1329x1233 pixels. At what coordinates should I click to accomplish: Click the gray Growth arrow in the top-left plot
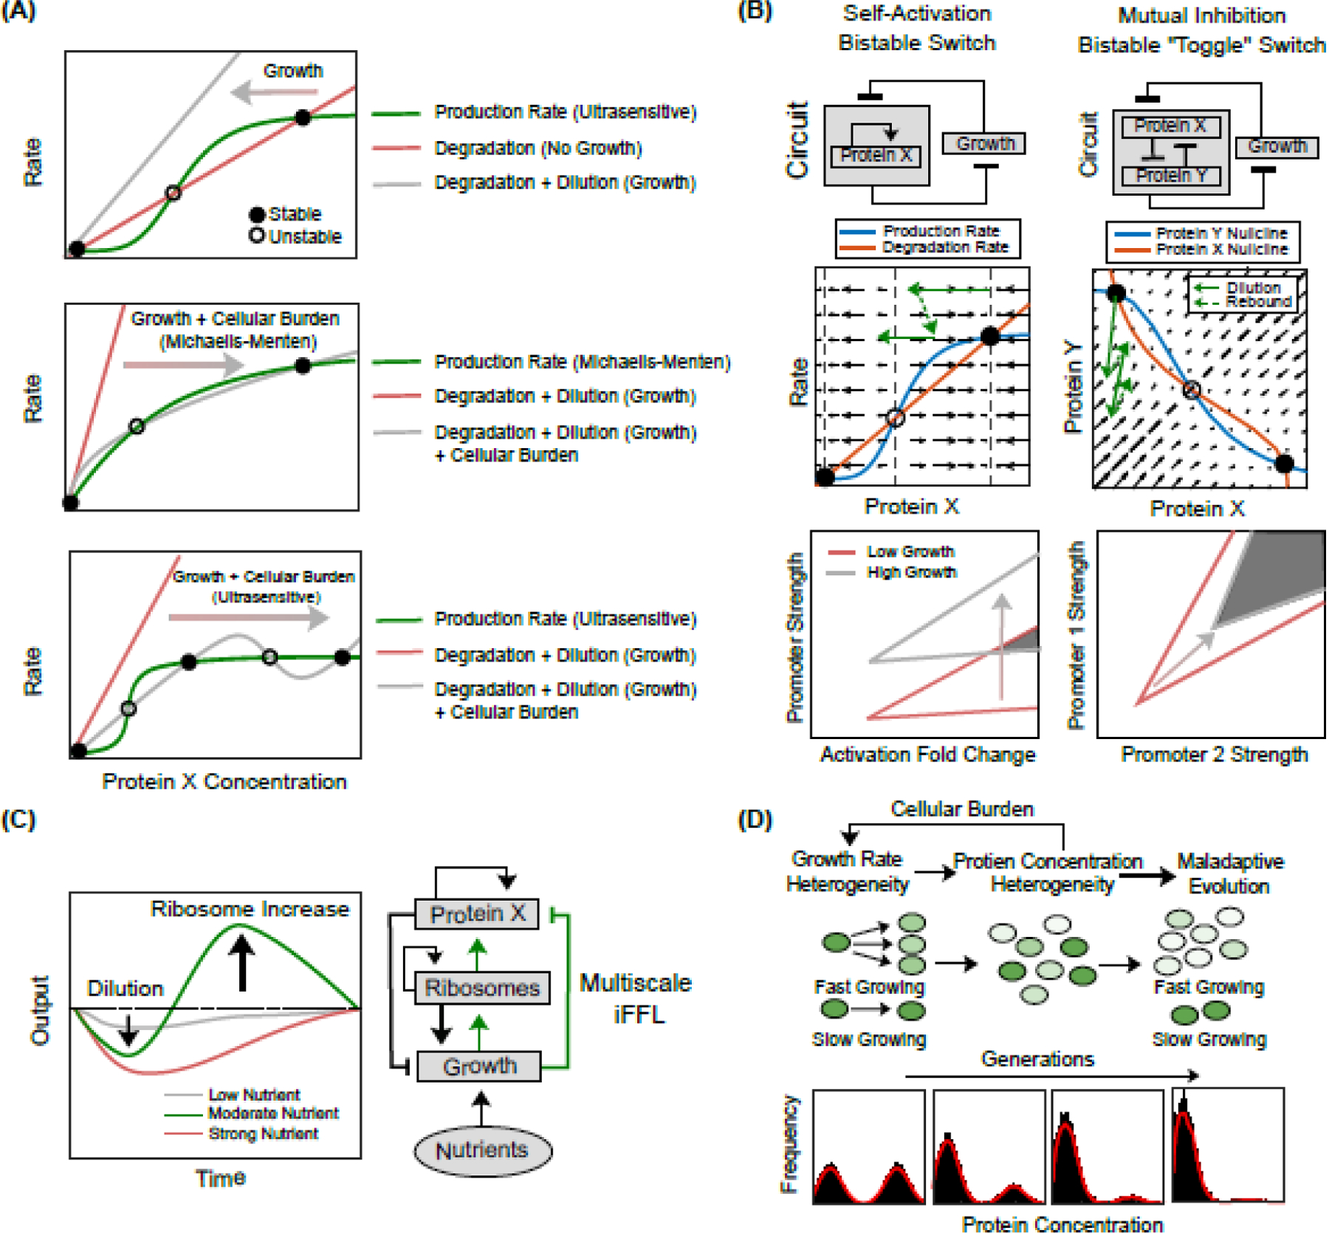[273, 93]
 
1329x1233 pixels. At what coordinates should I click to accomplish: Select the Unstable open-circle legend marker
[256, 236]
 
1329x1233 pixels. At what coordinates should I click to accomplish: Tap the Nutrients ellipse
[482, 1150]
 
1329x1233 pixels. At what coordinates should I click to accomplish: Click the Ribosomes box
[482, 988]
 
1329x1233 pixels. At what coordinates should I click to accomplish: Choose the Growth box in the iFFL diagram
[479, 1066]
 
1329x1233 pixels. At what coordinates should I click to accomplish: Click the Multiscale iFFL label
[636, 998]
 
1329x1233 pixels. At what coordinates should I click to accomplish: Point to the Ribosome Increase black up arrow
[241, 963]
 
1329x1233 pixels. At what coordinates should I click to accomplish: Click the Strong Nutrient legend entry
[262, 1133]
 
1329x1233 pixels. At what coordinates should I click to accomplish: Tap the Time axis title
[220, 1178]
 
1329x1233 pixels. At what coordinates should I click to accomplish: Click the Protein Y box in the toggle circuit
[1171, 176]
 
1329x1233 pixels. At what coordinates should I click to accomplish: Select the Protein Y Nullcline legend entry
[1221, 233]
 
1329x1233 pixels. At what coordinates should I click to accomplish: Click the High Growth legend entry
[911, 572]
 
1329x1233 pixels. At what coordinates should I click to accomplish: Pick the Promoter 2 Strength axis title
[1215, 755]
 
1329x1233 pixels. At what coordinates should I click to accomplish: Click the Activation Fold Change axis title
[927, 755]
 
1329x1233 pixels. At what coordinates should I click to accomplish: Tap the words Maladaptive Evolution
[1229, 873]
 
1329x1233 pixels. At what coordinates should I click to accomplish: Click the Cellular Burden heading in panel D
[962, 809]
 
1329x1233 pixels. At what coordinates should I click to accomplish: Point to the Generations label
[1037, 1059]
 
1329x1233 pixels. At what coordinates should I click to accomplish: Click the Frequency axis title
[790, 1144]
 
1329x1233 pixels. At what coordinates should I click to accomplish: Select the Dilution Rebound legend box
[1243, 295]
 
